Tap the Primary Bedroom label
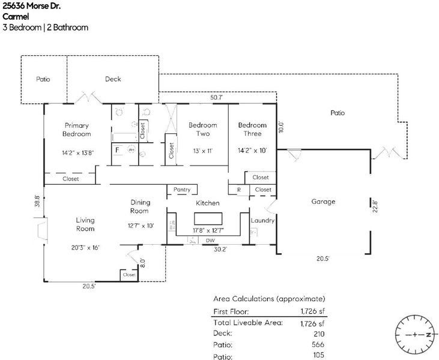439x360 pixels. coord(77,130)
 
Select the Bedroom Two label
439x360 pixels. coord(202,129)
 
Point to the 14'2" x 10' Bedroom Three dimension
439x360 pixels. coord(252,151)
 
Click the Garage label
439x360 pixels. coord(323,202)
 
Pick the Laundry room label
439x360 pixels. coord(262,220)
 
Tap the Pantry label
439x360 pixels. coord(182,190)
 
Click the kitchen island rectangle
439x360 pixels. coord(207,217)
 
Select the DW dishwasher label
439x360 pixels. coord(210,240)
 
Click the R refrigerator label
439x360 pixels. coord(239,190)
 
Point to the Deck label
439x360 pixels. coord(113,79)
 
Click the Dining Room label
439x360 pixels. coord(140,206)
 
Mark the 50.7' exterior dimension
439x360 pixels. coord(216,97)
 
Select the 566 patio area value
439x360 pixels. coord(318,344)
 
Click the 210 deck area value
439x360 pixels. coord(318,333)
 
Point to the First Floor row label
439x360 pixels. coord(231,311)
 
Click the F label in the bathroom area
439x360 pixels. coord(118,149)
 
